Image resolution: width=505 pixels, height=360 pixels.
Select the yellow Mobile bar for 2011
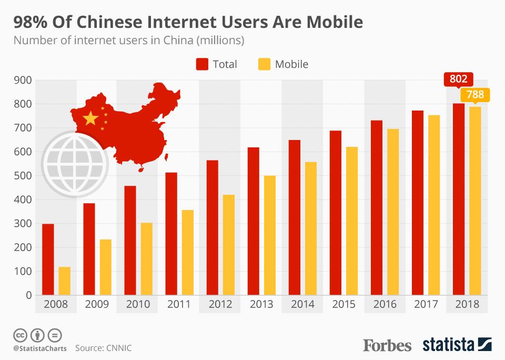click(x=187, y=252)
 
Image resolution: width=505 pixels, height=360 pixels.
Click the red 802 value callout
click(x=458, y=80)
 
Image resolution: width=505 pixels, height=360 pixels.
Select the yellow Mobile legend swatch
click(x=265, y=64)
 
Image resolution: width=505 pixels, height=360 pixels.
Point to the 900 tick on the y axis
click(x=24, y=80)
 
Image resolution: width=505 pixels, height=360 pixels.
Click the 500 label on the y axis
click(x=24, y=176)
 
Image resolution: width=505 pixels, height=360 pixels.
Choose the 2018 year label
click(x=467, y=304)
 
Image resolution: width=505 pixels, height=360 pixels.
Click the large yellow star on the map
click(x=91, y=118)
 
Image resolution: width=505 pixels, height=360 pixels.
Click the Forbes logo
click(x=387, y=345)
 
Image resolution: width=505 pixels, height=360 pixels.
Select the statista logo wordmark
click(x=448, y=345)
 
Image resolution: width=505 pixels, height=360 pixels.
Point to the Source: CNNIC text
click(x=103, y=348)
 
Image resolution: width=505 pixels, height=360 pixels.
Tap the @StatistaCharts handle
click(x=40, y=348)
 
